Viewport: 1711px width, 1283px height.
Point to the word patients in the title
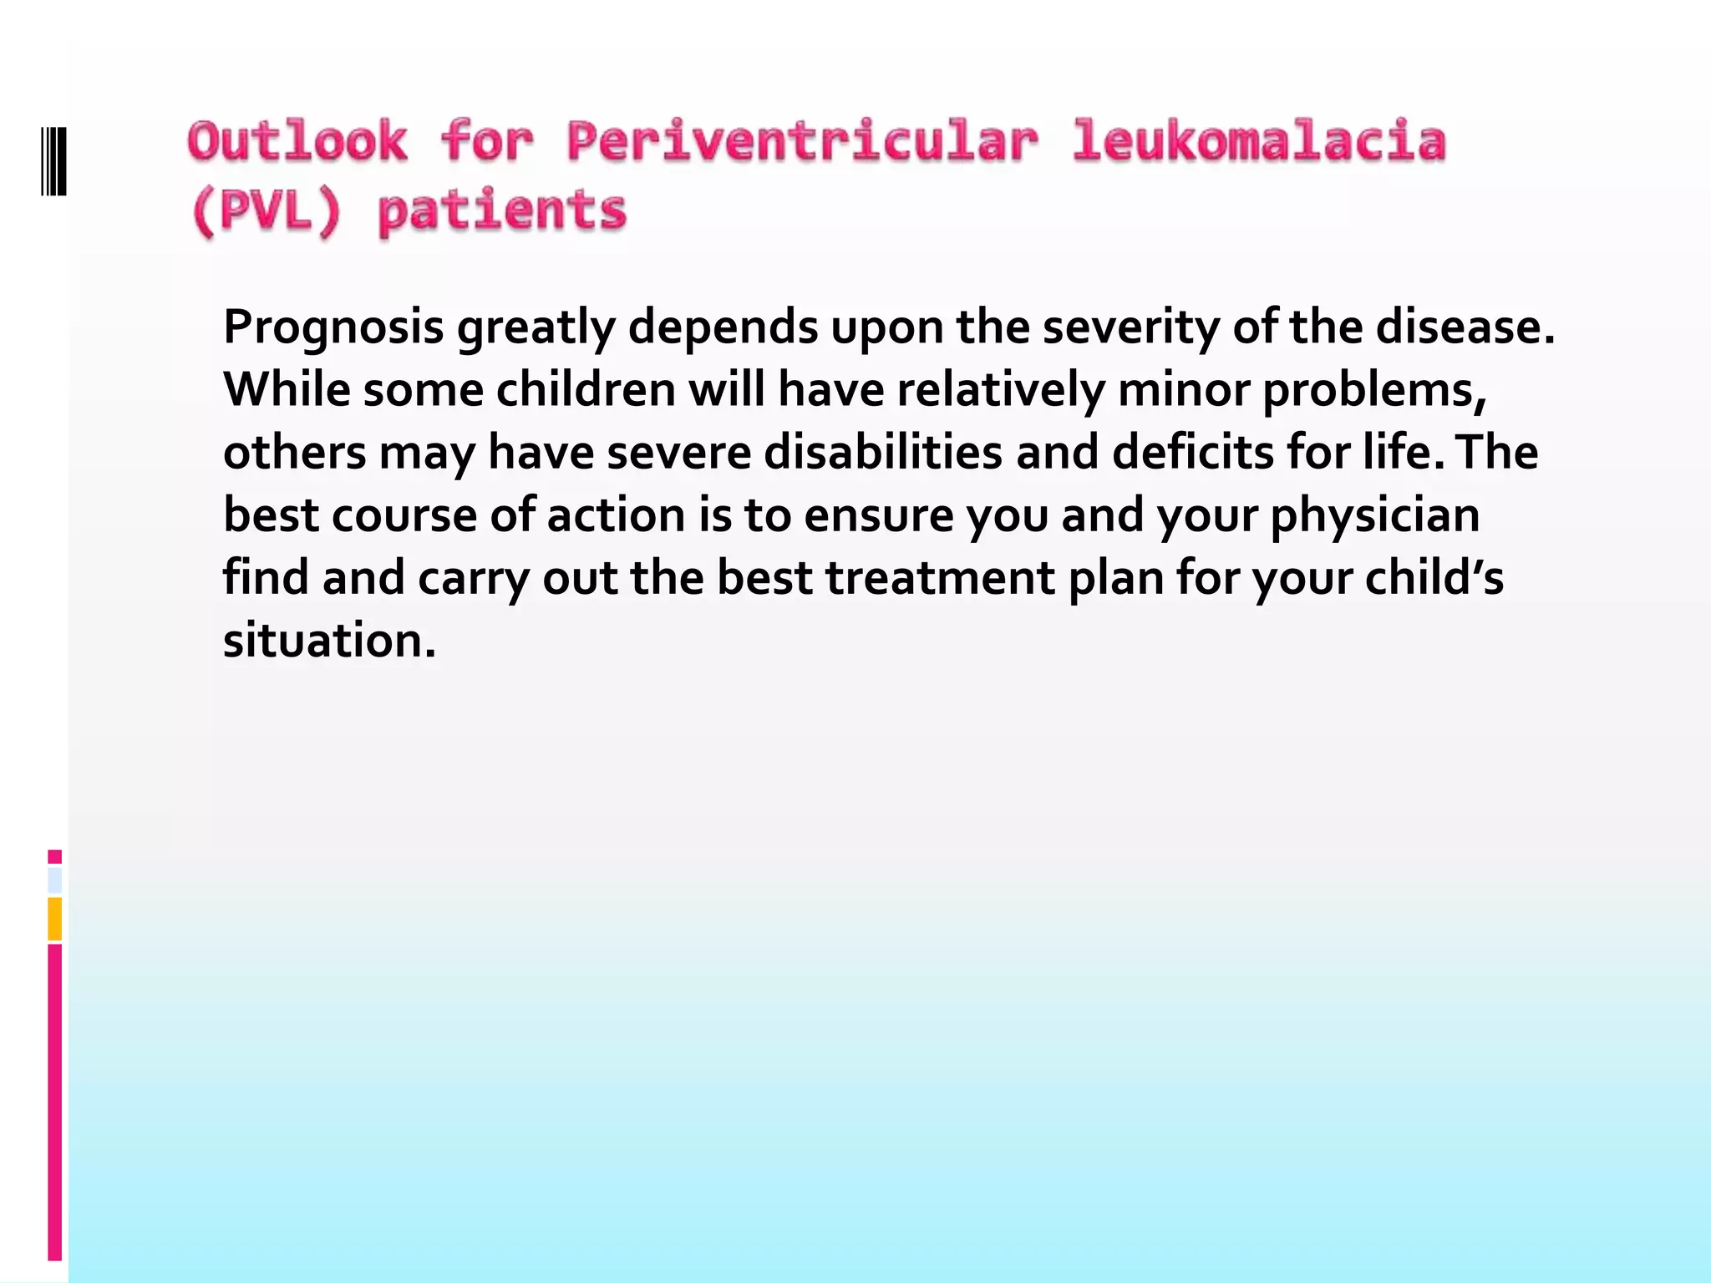pyautogui.click(x=502, y=210)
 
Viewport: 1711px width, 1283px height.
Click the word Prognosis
pyautogui.click(x=333, y=327)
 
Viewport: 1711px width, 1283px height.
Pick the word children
pyautogui.click(x=586, y=389)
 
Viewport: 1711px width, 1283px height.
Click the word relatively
pyautogui.click(x=1001, y=389)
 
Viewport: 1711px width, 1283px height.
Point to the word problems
pyautogui.click(x=1374, y=389)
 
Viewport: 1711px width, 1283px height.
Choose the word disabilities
pyautogui.click(x=883, y=452)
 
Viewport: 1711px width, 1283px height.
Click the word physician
pyautogui.click(x=1374, y=515)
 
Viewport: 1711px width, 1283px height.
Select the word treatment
pyautogui.click(x=941, y=577)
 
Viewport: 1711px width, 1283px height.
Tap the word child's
pyautogui.click(x=1434, y=577)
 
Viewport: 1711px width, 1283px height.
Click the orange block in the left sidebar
pyautogui.click(x=55, y=919)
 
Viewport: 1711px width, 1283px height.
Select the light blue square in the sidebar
pyautogui.click(x=55, y=880)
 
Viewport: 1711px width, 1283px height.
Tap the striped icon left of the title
pyautogui.click(x=54, y=161)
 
